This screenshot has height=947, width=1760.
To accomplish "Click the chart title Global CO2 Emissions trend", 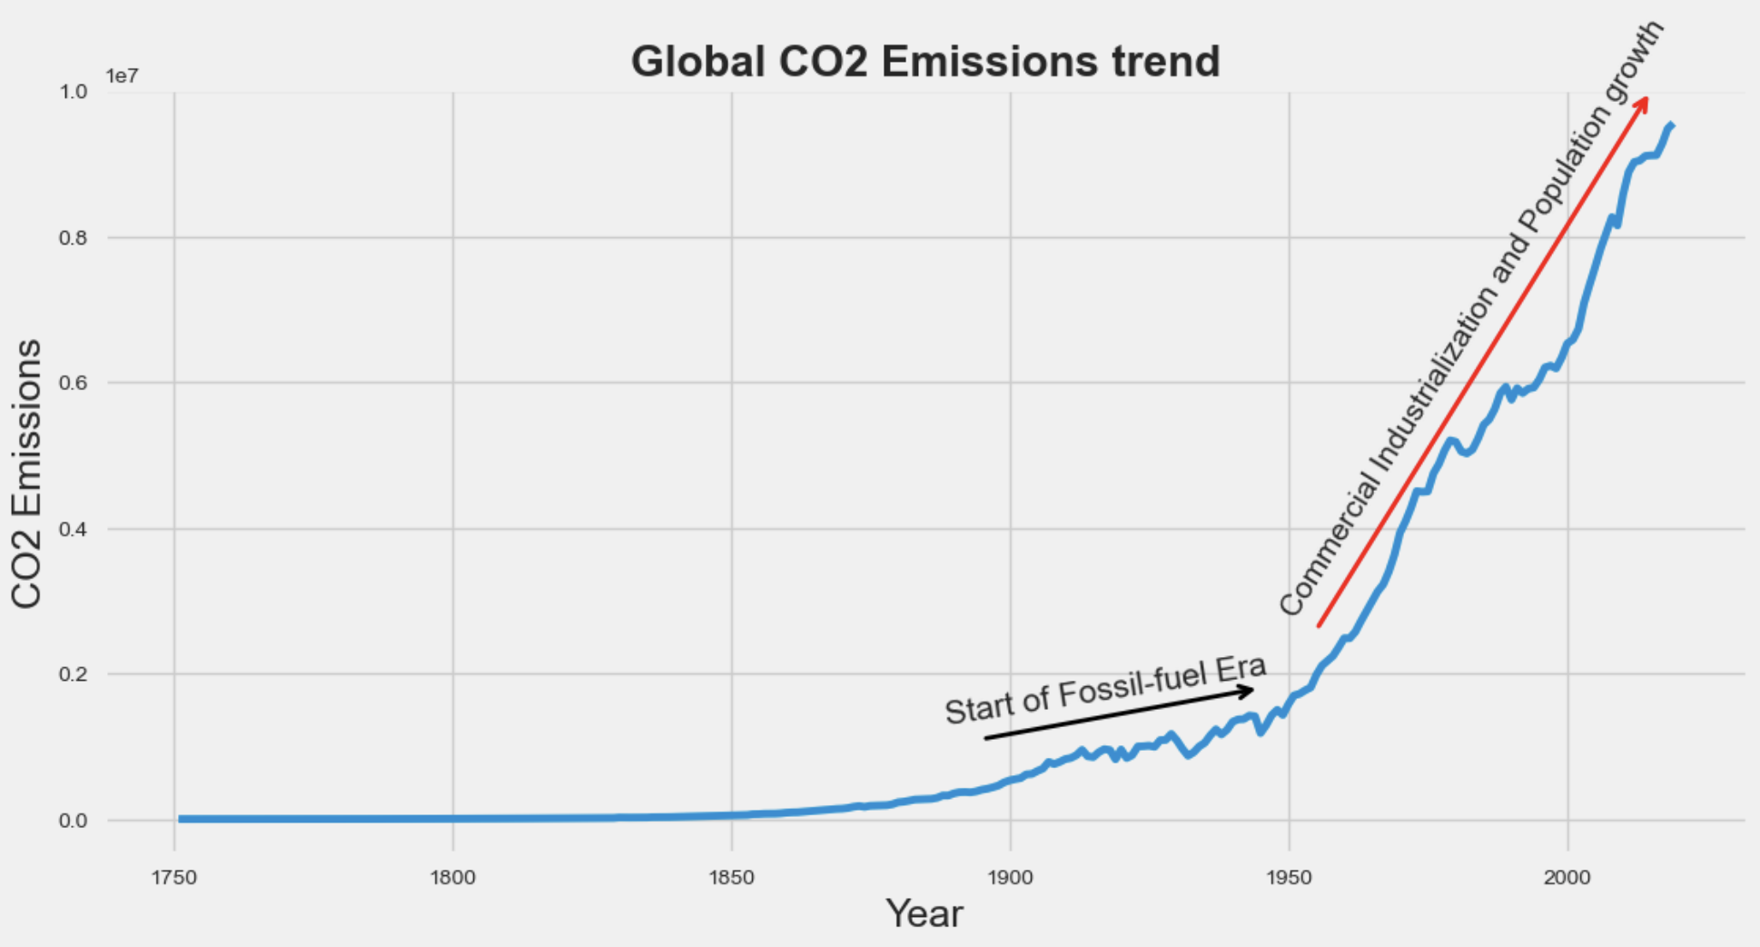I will pos(924,62).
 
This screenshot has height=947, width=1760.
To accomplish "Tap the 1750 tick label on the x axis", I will pos(174,878).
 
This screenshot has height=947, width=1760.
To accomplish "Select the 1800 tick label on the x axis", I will pos(453,878).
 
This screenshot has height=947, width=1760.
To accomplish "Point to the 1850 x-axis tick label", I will pos(732,878).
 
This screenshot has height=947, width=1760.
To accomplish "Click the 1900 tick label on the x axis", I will pos(1011,878).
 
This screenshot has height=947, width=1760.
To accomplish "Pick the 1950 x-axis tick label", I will pos(1290,878).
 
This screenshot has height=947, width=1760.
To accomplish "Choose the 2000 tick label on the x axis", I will pos(1568,878).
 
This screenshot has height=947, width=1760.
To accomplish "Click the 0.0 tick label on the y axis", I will pos(74,821).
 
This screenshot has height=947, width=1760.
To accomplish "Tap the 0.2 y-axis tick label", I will pos(74,674).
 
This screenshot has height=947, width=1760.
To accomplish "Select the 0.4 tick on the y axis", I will pos(74,529).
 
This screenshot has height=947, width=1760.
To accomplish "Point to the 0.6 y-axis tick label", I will pos(74,383).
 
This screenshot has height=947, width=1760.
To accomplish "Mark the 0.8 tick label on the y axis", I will pos(74,237).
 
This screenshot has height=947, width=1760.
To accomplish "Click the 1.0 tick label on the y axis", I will pos(74,92).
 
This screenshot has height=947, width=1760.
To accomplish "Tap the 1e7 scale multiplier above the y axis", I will pos(123,75).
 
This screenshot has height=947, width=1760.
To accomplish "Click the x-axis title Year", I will pos(924,913).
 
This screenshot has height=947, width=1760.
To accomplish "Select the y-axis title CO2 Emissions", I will pos(27,473).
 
